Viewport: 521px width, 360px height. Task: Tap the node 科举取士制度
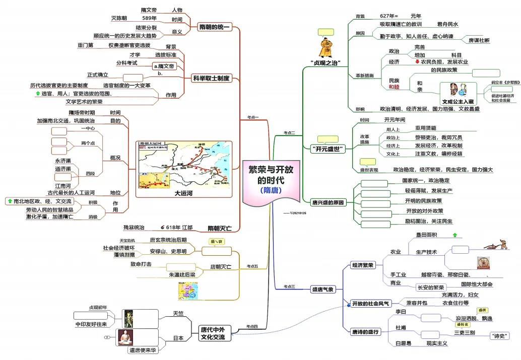[211, 78]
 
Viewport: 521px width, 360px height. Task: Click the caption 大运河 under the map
[184, 193]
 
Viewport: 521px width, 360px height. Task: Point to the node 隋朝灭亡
[220, 228]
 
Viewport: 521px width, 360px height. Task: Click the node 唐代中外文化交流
[212, 333]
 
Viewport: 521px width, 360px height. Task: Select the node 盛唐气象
[323, 290]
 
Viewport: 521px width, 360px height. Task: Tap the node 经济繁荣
[363, 265]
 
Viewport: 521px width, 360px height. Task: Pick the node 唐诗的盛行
[365, 332]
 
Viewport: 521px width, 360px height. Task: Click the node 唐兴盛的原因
[328, 202]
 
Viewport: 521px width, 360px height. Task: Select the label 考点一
[252, 117]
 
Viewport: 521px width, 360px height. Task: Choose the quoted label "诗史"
[500, 336]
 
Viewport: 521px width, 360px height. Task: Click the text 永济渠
[63, 161]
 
